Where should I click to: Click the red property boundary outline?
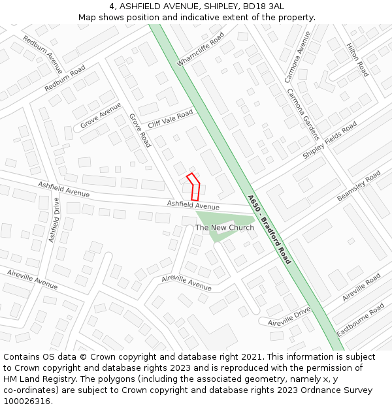tap(193, 187)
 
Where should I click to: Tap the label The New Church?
tap(225, 228)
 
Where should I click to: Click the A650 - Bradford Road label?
tap(269, 229)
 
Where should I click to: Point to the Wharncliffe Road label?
tap(200, 48)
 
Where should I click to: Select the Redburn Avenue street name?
tap(42, 54)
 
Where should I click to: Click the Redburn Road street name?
tap(65, 78)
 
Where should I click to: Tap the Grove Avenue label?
tap(101, 116)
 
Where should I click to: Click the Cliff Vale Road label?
tap(171, 119)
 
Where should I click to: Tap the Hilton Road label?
tap(357, 60)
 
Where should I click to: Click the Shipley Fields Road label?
tap(330, 140)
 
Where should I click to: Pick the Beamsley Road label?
tap(359, 186)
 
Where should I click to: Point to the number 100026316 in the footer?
tap(27, 401)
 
